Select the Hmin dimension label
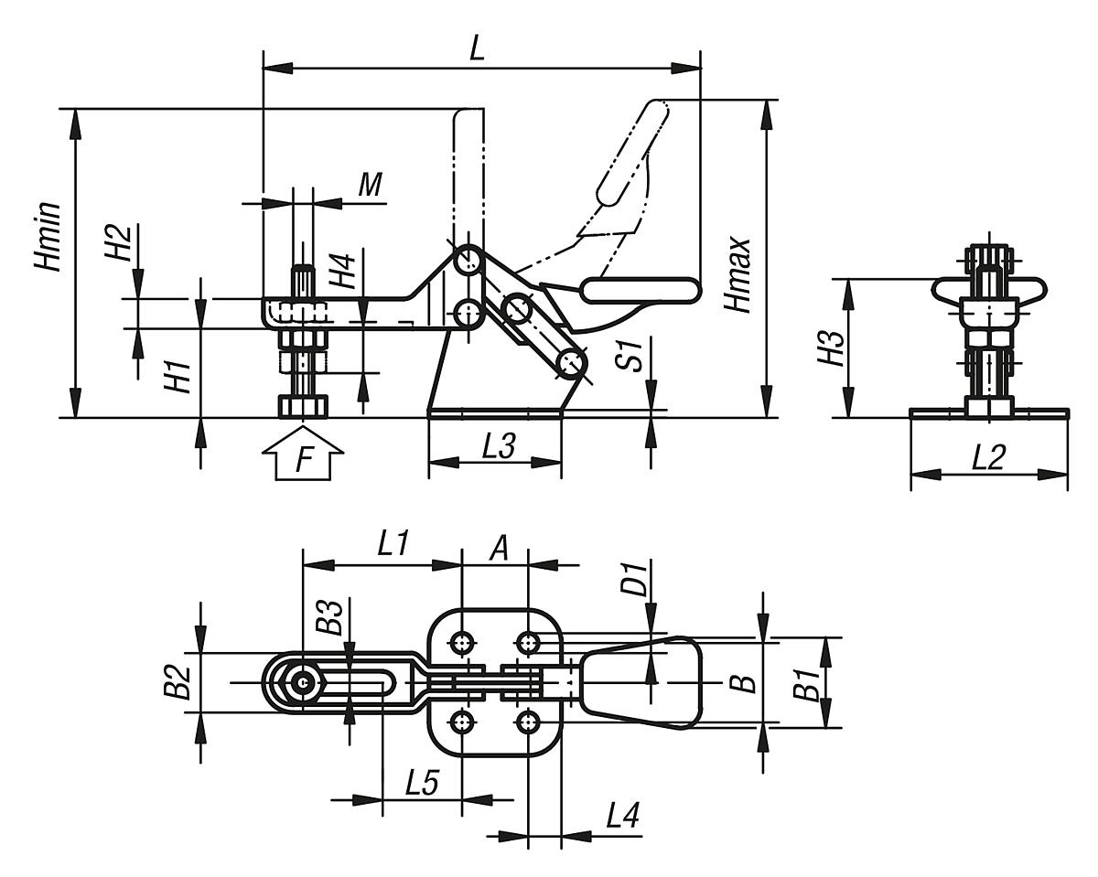click(48, 236)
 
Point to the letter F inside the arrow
click(303, 460)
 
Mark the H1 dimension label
click(178, 376)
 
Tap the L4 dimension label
click(621, 816)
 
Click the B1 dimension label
click(804, 684)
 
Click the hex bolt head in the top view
click(302, 682)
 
